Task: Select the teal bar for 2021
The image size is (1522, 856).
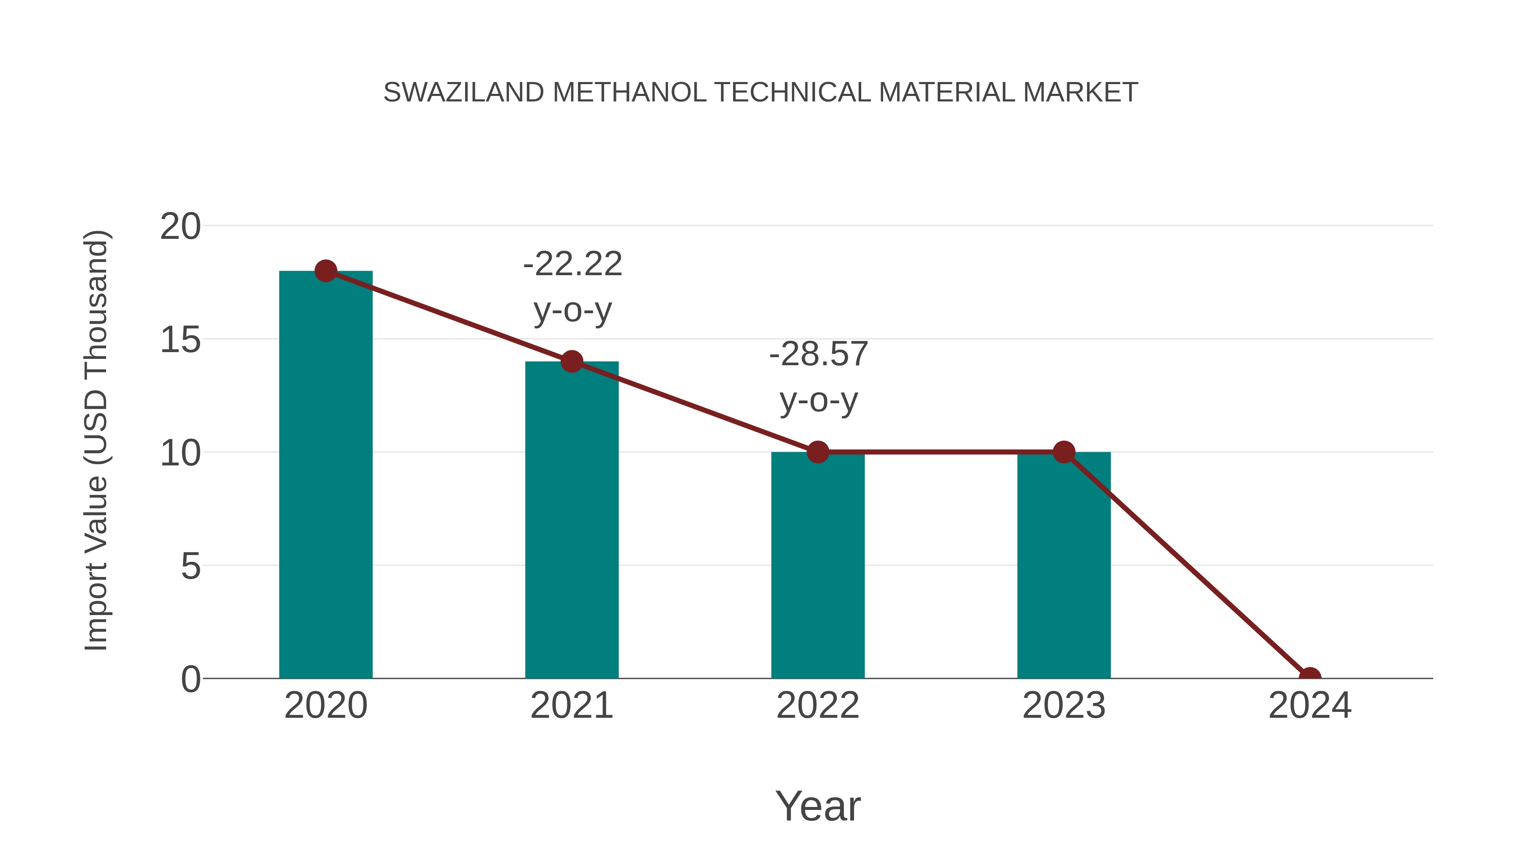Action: (x=571, y=520)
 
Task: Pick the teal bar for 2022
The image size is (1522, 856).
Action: (x=818, y=565)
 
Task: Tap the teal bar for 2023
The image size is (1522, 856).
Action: (x=1064, y=565)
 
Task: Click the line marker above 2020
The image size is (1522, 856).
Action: (x=326, y=271)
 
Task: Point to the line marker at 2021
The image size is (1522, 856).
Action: (x=571, y=361)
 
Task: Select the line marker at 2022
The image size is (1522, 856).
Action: (x=818, y=452)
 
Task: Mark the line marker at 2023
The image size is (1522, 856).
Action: (x=1064, y=452)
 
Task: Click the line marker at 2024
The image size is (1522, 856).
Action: (x=1310, y=677)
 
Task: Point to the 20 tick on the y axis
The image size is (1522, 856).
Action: (x=180, y=226)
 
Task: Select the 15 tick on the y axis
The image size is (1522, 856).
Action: (x=180, y=340)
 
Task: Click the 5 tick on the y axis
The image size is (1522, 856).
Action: (x=190, y=566)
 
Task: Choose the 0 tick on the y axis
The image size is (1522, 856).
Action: (x=190, y=679)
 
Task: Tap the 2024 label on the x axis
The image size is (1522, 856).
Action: (x=1310, y=706)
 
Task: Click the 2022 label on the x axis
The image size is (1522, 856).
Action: (x=818, y=706)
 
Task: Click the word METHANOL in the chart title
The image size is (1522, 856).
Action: (x=629, y=93)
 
